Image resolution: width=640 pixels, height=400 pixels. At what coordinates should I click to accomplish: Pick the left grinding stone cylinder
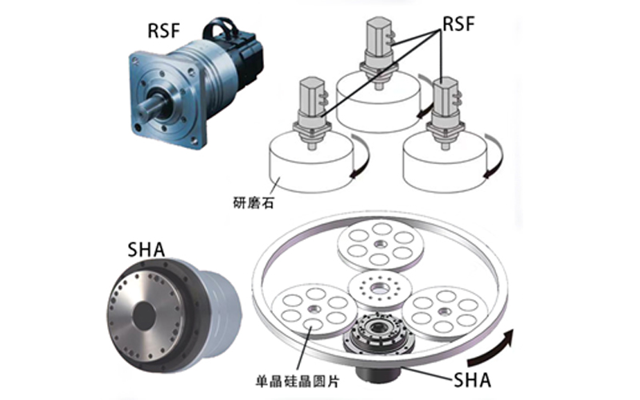[308, 164]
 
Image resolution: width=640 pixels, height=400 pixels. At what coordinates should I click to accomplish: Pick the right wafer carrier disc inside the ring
[445, 307]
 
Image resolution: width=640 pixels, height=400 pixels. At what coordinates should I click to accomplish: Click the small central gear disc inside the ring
[377, 286]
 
